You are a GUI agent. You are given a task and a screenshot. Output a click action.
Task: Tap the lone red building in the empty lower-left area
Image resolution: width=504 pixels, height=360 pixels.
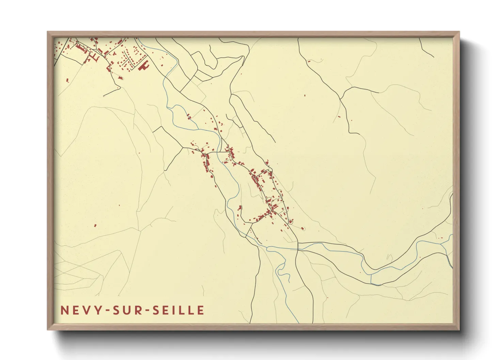point(95,225)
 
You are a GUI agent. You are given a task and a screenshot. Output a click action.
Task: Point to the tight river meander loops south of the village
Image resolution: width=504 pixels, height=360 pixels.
point(281,269)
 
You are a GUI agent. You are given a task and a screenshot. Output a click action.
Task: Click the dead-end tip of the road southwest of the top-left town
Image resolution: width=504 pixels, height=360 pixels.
point(104,96)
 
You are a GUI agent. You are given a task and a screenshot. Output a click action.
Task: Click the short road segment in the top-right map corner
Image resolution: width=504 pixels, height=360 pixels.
point(426,48)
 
